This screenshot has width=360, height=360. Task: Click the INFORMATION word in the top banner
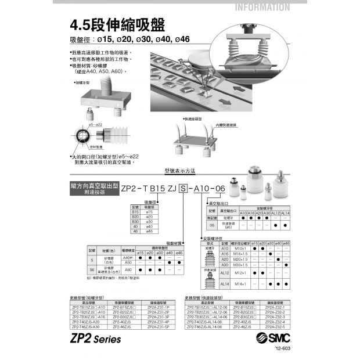(x=262, y=8)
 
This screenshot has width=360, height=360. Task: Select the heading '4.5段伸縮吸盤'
(x=117, y=26)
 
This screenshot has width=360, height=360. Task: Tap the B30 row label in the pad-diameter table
(x=135, y=221)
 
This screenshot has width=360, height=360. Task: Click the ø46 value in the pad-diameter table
(x=149, y=231)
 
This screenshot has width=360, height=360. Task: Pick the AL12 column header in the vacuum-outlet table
(x=276, y=213)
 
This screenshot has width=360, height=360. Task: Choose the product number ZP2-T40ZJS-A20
(x=89, y=321)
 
